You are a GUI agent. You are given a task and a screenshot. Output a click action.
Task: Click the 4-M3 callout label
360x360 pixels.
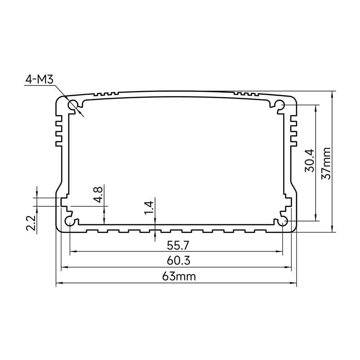[40, 80]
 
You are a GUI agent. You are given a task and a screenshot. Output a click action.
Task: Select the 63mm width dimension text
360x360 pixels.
[179, 276]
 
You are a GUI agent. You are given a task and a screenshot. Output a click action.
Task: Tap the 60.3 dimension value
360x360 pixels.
[179, 261]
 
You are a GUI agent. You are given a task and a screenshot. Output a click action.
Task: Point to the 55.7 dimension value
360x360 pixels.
[178, 246]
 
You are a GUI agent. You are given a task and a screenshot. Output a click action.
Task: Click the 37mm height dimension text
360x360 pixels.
[326, 163]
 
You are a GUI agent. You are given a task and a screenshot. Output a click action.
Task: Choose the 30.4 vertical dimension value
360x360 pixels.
[310, 161]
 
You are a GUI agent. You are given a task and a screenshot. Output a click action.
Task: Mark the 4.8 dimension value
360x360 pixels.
[99, 195]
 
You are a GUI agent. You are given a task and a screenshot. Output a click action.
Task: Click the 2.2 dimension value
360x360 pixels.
[31, 223]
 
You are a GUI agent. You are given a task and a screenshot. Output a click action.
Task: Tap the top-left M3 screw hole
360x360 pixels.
[73, 105]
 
